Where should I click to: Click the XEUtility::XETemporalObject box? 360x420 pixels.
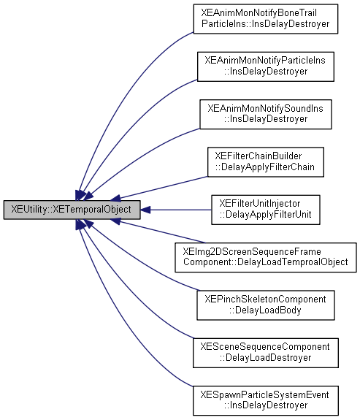[x=72, y=210]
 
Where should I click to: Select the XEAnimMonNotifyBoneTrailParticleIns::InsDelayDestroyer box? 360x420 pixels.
[x=266, y=19]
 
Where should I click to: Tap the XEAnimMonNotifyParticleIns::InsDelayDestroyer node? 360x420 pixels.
[x=266, y=66]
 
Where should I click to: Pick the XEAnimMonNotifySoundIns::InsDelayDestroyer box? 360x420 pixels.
[x=266, y=114]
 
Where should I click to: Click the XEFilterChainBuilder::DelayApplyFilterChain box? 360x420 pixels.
[x=266, y=161]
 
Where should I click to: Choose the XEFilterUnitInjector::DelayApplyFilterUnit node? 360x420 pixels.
[x=266, y=210]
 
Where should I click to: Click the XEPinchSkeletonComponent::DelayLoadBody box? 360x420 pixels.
[x=266, y=305]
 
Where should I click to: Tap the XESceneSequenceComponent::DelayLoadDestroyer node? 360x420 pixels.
[x=266, y=352]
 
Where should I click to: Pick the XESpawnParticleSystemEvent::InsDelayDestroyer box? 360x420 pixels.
[x=266, y=400]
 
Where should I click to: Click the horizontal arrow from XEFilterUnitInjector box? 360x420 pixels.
[x=175, y=210]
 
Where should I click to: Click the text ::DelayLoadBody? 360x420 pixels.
[x=266, y=310]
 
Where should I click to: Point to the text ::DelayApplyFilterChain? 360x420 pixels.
[x=266, y=167]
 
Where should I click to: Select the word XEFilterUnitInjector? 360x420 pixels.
[x=266, y=204]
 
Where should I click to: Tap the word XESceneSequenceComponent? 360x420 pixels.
[x=266, y=346]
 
